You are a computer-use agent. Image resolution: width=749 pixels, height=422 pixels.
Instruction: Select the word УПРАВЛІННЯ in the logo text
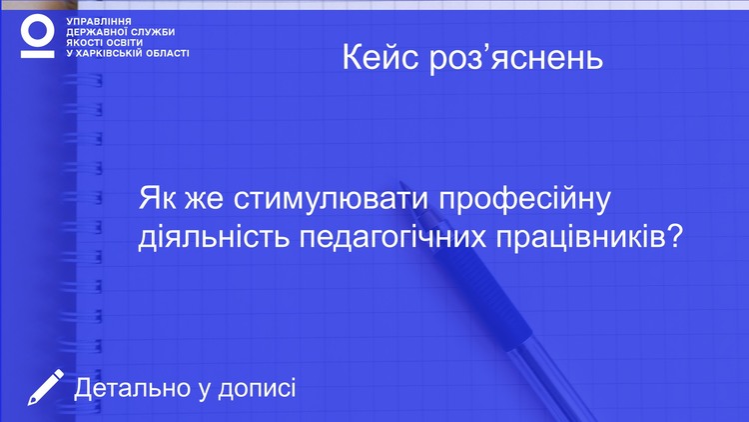[99, 22]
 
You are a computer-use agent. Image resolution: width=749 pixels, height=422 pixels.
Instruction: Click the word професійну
[525, 200]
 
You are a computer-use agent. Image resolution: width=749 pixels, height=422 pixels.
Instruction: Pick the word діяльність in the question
[214, 236]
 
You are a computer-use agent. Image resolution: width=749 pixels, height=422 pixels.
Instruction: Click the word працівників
[579, 238]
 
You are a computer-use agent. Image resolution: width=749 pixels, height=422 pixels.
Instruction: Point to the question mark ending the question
[674, 235]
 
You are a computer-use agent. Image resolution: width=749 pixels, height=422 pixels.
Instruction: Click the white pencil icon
[45, 387]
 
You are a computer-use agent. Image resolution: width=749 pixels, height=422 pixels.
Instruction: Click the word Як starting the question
[155, 199]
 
